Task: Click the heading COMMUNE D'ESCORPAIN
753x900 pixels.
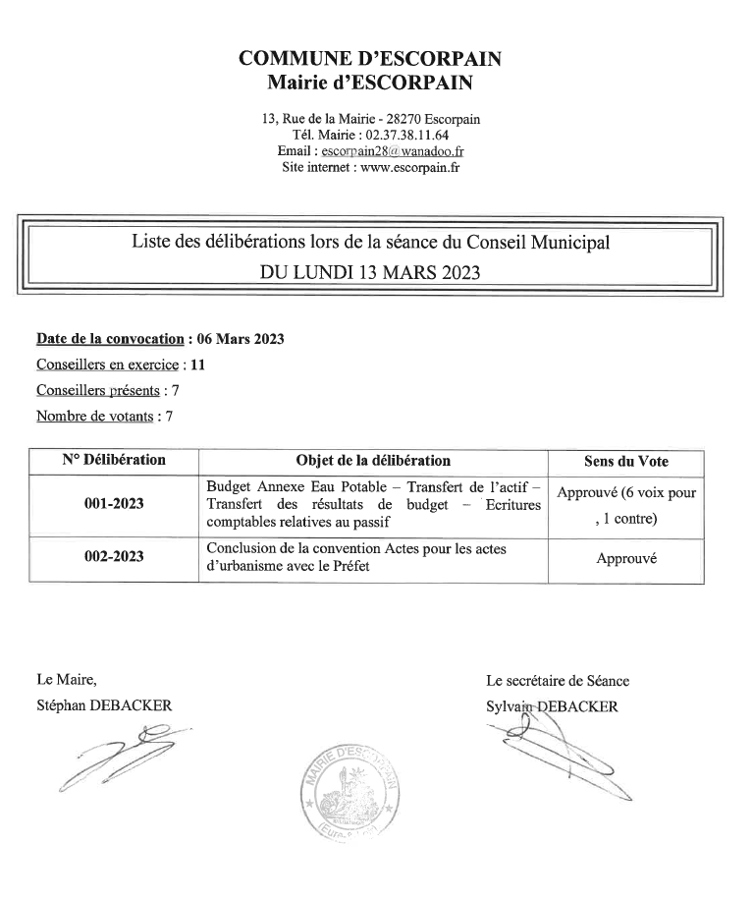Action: tap(370, 59)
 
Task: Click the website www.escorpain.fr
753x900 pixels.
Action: tap(410, 167)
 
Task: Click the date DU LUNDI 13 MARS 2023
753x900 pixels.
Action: tap(370, 272)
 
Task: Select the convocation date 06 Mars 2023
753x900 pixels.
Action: tap(241, 340)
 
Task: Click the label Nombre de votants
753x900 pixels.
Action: tap(94, 417)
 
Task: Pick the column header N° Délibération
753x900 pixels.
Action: tap(114, 460)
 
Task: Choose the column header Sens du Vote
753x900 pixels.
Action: tap(625, 461)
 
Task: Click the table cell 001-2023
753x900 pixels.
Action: tap(114, 504)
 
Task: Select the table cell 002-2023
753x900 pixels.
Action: tap(114, 557)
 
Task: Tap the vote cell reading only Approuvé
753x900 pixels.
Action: tap(625, 558)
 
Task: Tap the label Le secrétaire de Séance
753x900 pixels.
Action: tap(558, 680)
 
